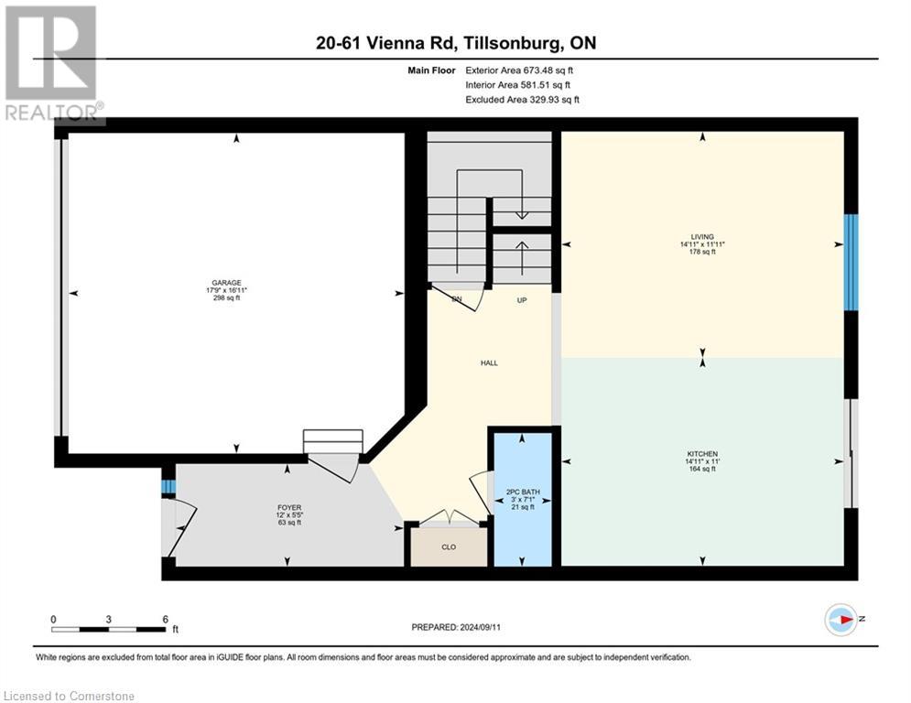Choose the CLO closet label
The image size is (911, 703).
coord(449,547)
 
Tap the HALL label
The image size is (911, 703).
coord(489,363)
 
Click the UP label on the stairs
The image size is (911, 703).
coord(521,299)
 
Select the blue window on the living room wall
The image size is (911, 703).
coord(851,262)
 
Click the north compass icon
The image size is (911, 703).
coord(840,620)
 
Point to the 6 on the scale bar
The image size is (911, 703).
coord(165,619)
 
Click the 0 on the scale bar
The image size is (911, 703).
coord(53,619)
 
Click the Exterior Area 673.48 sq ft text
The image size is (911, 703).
coord(520,70)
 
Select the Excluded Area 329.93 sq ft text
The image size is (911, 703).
coord(522,100)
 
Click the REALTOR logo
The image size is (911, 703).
coord(52,64)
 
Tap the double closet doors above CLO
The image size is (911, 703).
coord(449,518)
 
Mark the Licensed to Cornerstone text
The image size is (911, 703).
coord(70,696)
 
